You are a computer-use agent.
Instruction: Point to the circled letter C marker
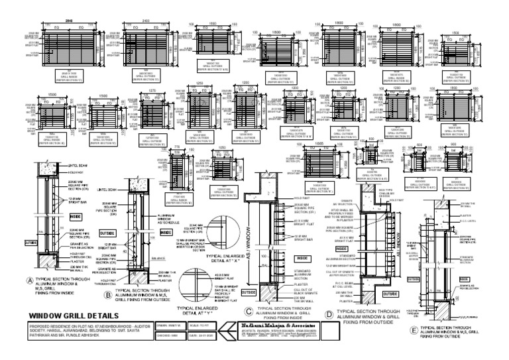(248, 293)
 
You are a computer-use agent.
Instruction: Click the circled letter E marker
(415, 328)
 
